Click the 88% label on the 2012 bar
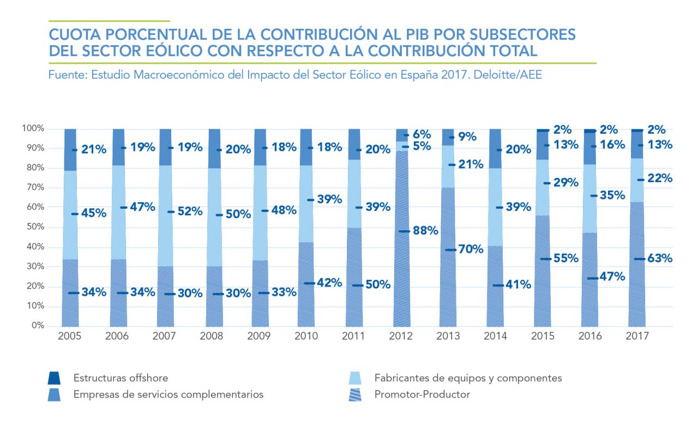(x=425, y=231)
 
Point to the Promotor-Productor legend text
(x=422, y=394)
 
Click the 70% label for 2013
(x=471, y=249)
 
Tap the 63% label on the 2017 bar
(x=659, y=258)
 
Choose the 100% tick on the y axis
(x=32, y=128)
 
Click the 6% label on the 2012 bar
(x=422, y=134)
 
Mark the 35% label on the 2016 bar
(x=612, y=195)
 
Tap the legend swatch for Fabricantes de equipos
(x=355, y=378)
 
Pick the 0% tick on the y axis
(x=37, y=326)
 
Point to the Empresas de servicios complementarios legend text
(x=168, y=394)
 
